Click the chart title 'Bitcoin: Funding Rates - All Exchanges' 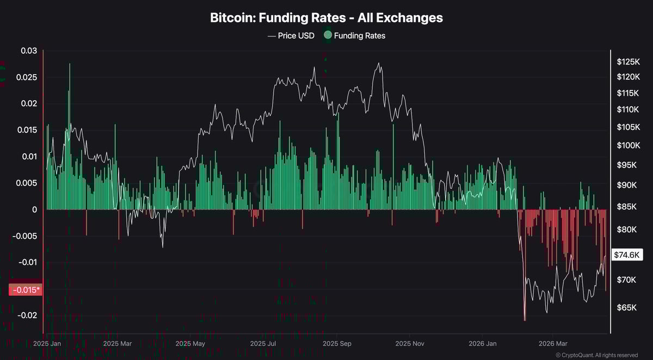click(x=326, y=17)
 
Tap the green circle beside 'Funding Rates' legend click(x=327, y=36)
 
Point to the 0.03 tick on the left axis click(x=29, y=51)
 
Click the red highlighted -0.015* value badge click(x=25, y=290)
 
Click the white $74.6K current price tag click(x=626, y=255)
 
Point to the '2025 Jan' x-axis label click(x=47, y=344)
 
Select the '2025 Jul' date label click(x=262, y=344)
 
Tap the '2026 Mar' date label click(x=553, y=344)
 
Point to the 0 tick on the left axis click(x=34, y=209)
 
